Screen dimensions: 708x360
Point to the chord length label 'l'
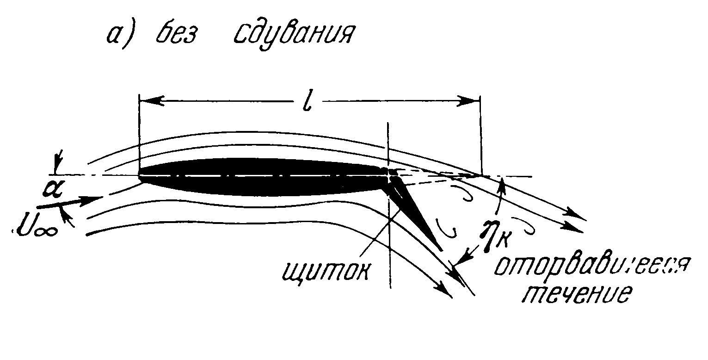point(306,99)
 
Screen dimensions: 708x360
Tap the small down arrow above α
point(56,166)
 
